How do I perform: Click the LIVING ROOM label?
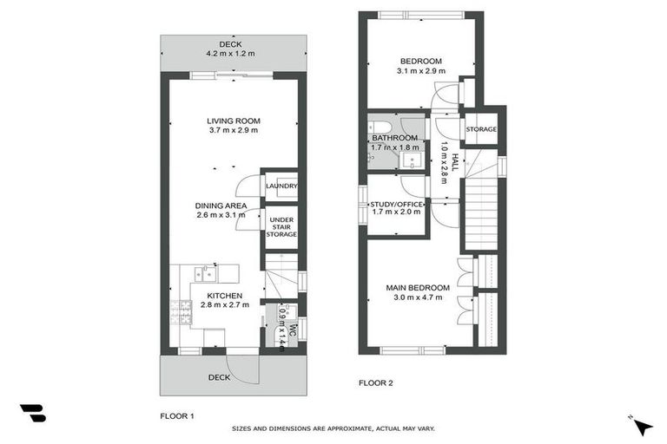pyautogui.click(x=234, y=121)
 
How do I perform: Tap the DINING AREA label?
pyautogui.click(x=221, y=206)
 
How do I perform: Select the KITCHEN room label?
pyautogui.click(x=224, y=296)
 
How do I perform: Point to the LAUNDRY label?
pyautogui.click(x=281, y=186)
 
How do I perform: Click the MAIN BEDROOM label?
pyautogui.click(x=418, y=288)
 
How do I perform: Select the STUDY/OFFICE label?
pyautogui.click(x=395, y=205)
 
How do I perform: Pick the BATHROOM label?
pyautogui.click(x=395, y=138)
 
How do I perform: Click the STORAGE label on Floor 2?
pyautogui.click(x=480, y=130)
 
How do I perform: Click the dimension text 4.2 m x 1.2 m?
pyautogui.click(x=230, y=54)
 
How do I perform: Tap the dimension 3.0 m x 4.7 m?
pyautogui.click(x=418, y=298)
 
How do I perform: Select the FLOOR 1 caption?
pyautogui.click(x=177, y=416)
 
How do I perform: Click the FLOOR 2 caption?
pyautogui.click(x=377, y=382)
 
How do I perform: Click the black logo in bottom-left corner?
pyautogui.click(x=32, y=413)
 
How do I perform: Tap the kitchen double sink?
pyautogui.click(x=206, y=274)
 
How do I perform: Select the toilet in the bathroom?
pyautogui.click(x=381, y=124)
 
